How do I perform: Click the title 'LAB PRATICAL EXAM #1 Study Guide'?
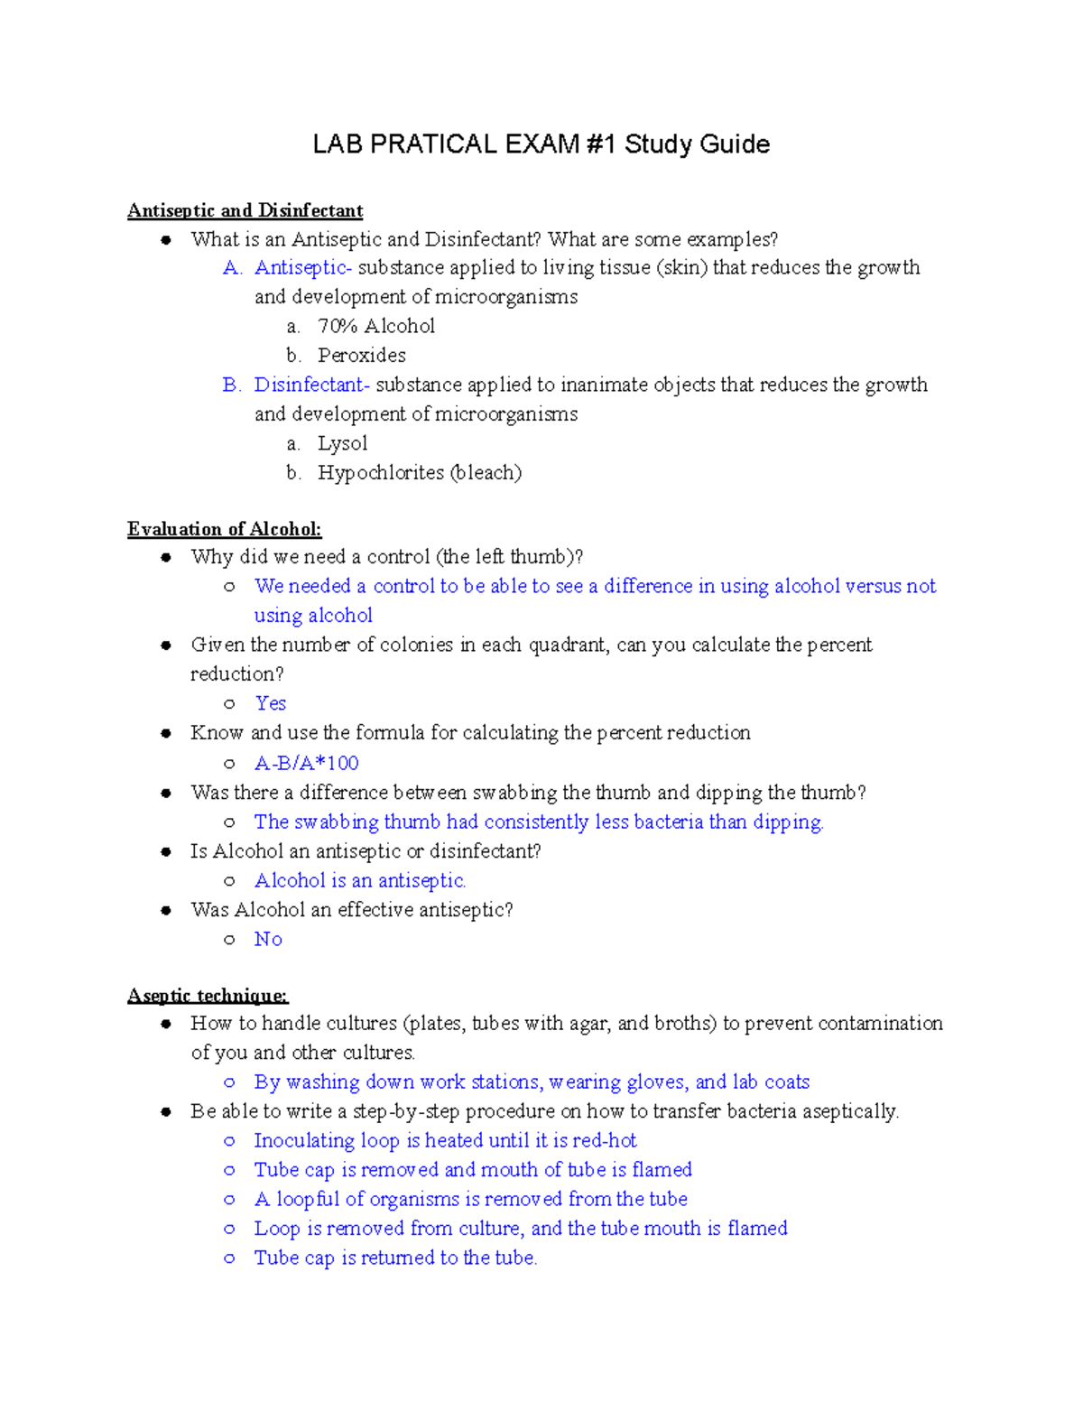click(541, 144)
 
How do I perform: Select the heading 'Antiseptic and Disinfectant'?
click(245, 210)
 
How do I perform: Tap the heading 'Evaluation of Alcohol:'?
click(224, 529)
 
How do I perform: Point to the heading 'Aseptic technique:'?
click(208, 996)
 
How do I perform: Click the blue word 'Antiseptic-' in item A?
click(302, 267)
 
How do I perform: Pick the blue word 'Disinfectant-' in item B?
click(311, 385)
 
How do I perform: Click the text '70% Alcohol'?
click(375, 326)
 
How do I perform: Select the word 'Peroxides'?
click(361, 356)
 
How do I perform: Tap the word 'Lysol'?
click(342, 443)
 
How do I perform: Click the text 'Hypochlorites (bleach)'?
click(419, 473)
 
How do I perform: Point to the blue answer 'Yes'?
click(270, 703)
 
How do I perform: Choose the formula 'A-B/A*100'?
click(306, 764)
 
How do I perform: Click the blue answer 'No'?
click(268, 939)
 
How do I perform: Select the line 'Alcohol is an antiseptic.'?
click(359, 880)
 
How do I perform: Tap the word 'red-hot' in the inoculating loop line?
click(605, 1140)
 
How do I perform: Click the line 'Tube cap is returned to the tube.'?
click(395, 1258)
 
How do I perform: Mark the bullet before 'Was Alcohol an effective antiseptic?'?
click(166, 910)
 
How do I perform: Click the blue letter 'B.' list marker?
click(231, 385)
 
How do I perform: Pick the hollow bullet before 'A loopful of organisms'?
click(230, 1200)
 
